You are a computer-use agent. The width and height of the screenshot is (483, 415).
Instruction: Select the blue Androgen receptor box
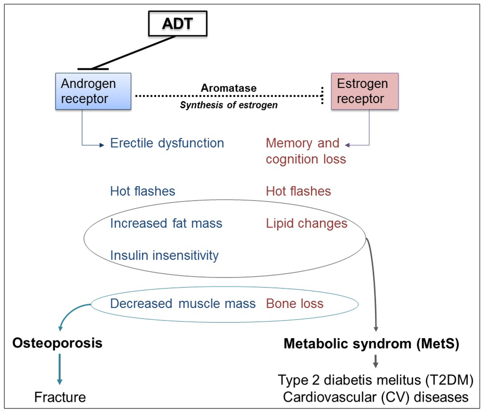tap(93, 91)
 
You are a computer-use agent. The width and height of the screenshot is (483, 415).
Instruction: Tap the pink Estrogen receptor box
tap(365, 91)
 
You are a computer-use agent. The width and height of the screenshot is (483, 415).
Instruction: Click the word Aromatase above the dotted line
tap(228, 88)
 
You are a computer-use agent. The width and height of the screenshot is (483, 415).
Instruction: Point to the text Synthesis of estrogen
tap(228, 106)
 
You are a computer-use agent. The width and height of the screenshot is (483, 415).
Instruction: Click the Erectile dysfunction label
tap(167, 143)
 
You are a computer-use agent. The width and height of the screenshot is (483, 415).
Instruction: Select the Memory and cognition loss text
tap(306, 151)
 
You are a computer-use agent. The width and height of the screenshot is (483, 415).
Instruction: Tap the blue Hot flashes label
tap(142, 191)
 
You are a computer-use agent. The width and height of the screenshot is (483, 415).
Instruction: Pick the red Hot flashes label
tap(298, 191)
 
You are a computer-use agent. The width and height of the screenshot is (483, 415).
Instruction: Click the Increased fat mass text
tap(166, 223)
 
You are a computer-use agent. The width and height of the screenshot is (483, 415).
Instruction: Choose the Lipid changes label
tap(307, 223)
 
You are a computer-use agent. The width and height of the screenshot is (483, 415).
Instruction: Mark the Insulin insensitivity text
tap(164, 255)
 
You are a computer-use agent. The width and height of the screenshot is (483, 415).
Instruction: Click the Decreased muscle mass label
tap(183, 303)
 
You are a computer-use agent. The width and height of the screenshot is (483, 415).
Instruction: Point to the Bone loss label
tap(295, 303)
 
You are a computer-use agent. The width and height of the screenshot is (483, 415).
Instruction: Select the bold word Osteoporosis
tap(57, 343)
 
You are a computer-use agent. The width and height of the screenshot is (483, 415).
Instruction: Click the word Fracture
tap(60, 397)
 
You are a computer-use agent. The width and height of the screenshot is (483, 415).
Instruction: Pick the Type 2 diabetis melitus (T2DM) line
tap(375, 380)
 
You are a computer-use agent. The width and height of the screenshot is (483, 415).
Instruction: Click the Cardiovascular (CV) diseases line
tap(375, 397)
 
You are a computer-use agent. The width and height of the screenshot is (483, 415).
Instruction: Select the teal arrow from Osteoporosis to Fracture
tap(60, 369)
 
